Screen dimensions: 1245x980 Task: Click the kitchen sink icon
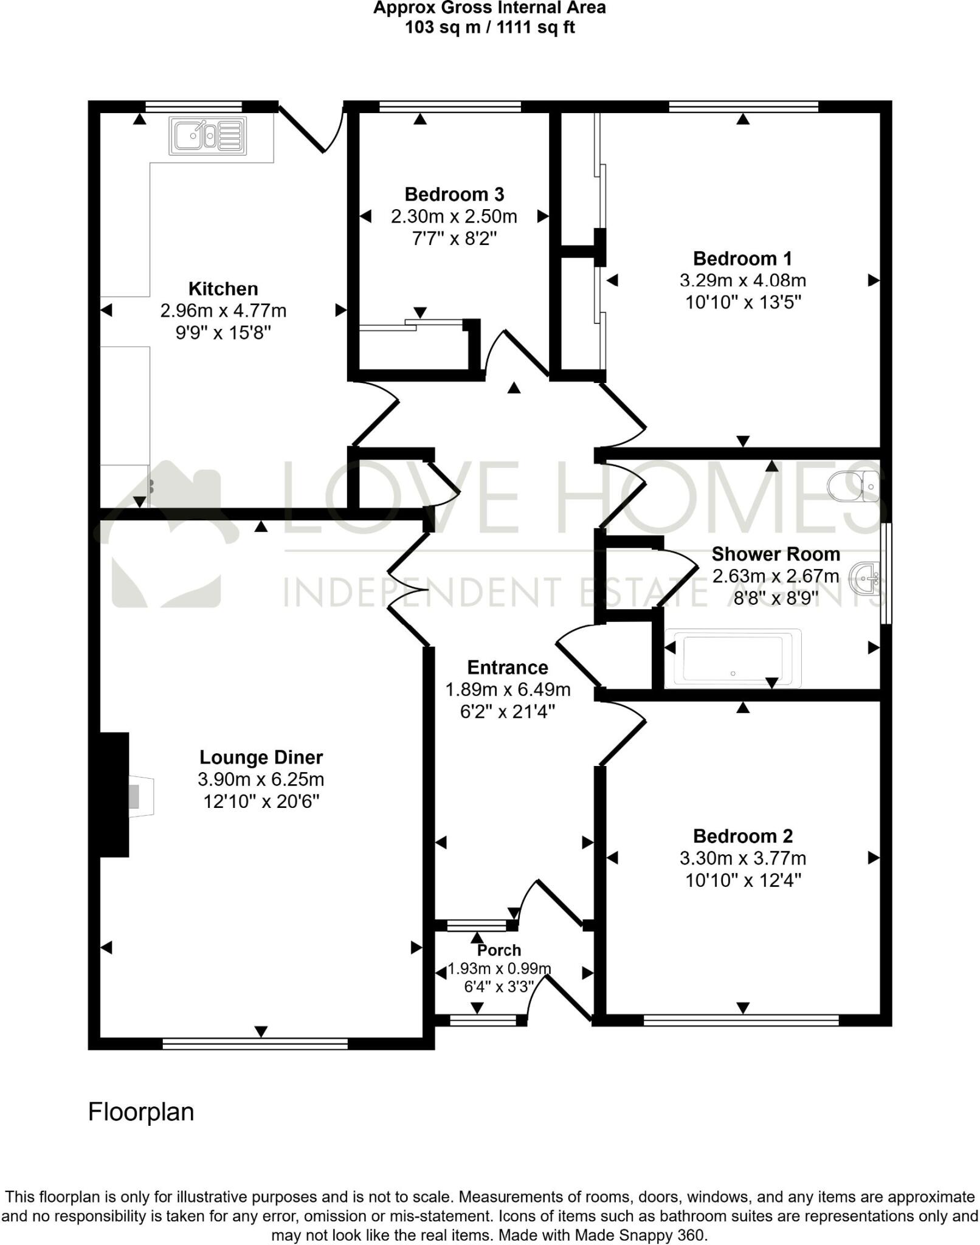click(x=209, y=136)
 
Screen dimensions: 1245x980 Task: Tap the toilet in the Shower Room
click(x=855, y=486)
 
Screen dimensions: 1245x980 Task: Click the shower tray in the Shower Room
click(x=733, y=658)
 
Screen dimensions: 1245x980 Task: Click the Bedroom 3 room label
click(x=454, y=195)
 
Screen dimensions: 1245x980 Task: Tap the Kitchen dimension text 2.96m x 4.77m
click(x=223, y=311)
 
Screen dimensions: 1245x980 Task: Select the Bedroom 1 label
click(x=742, y=259)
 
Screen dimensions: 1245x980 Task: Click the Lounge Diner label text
click(x=261, y=757)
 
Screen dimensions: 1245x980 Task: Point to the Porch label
click(x=499, y=950)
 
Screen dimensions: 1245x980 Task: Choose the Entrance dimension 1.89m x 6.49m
click(x=508, y=689)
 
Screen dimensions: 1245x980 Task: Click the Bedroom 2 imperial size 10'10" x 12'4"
click(x=742, y=880)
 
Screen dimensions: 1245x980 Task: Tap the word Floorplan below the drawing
click(x=141, y=1112)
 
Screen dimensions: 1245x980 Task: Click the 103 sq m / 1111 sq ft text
click(x=489, y=27)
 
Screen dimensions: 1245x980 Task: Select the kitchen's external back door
click(x=313, y=129)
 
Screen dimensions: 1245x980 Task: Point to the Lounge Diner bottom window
click(x=255, y=1044)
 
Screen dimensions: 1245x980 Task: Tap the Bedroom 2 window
click(x=740, y=1020)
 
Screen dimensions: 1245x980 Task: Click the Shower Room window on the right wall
click(x=886, y=573)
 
